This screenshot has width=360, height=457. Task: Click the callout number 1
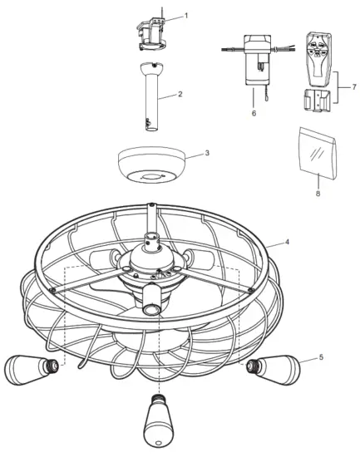coord(186,16)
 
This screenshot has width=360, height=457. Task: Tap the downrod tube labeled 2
coord(150,104)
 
